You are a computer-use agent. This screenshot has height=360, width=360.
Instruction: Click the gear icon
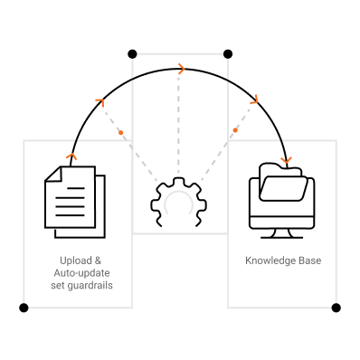pyautogui.click(x=179, y=184)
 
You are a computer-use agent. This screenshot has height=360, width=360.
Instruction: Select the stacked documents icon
pyautogui.click(x=75, y=202)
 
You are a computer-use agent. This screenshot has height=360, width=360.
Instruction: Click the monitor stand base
pyautogui.click(x=282, y=238)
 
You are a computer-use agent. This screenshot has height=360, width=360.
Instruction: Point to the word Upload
pyautogui.click(x=76, y=261)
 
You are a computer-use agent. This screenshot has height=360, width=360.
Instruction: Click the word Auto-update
pyautogui.click(x=81, y=273)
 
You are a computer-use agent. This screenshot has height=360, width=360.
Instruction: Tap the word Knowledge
pyautogui.click(x=270, y=261)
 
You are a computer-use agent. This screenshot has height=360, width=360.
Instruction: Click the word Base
pyautogui.click(x=310, y=261)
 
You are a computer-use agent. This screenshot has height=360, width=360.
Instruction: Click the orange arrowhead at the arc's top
pyautogui.click(x=182, y=69)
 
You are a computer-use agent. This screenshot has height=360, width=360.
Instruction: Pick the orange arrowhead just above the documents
pyautogui.click(x=71, y=156)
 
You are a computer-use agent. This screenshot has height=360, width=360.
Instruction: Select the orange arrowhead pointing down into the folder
pyautogui.click(x=286, y=160)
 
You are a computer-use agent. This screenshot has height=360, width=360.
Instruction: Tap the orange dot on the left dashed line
pyautogui.click(x=121, y=132)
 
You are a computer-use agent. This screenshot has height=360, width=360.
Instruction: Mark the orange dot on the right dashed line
pyautogui.click(x=235, y=130)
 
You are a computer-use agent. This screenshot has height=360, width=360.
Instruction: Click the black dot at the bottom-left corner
pyautogui.click(x=24, y=308)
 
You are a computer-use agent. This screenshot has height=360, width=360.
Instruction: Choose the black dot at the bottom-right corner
pyautogui.click(x=336, y=308)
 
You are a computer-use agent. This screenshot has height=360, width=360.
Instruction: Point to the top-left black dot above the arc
pyautogui.click(x=132, y=54)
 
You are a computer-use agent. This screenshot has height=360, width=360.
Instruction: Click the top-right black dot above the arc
pyautogui.click(x=228, y=54)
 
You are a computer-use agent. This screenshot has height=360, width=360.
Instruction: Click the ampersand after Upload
pyautogui.click(x=98, y=261)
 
